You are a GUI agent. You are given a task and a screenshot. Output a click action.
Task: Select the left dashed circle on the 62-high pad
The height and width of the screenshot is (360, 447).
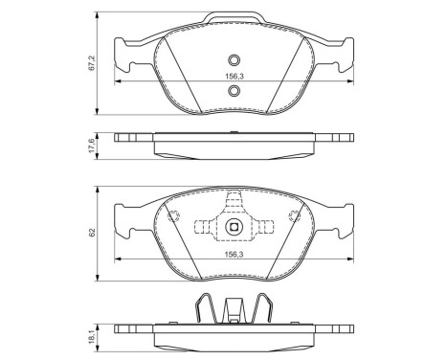click(175, 216)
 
